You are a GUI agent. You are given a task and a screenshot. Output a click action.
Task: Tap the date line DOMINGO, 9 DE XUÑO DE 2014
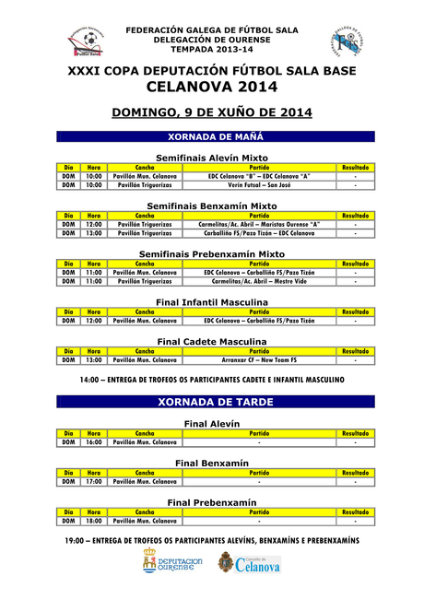[212, 112]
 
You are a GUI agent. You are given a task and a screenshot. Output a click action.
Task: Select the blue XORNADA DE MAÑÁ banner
[212, 136]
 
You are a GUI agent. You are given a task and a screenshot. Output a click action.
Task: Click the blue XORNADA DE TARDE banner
[212, 402]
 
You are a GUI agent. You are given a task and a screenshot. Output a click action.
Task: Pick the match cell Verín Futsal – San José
[259, 185]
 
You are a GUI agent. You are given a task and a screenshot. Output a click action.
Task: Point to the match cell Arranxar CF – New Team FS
[259, 359]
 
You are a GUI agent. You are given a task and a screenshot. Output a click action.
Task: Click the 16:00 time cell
[94, 442]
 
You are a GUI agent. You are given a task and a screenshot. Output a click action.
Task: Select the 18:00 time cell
[94, 521]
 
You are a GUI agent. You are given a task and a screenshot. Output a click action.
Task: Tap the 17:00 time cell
[94, 481]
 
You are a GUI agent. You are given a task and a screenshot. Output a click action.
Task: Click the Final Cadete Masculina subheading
[212, 341]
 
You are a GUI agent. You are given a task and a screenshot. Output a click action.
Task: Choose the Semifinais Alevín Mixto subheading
[212, 158]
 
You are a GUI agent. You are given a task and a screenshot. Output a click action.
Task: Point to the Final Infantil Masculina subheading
[212, 301]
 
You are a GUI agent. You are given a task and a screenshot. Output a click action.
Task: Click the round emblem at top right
[347, 41]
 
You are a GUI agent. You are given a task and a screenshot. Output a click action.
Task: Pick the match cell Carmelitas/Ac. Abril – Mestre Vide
[259, 281]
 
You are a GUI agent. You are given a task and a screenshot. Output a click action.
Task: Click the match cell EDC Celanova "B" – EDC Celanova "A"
[259, 176]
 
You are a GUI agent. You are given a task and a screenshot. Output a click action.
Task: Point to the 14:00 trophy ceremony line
[212, 379]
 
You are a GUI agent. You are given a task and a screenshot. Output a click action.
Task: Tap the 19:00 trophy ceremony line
[212, 540]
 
